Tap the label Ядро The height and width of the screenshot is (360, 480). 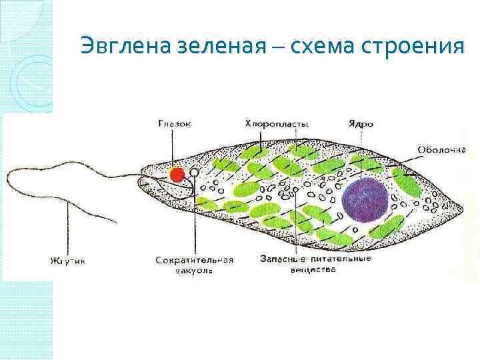(x=361, y=124)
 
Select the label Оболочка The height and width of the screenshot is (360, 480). (x=441, y=149)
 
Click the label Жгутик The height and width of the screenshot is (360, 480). (x=69, y=260)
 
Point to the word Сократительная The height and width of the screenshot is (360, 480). (x=194, y=260)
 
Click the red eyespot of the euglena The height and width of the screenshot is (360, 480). (x=177, y=175)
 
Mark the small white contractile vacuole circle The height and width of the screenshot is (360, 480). (x=194, y=173)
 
